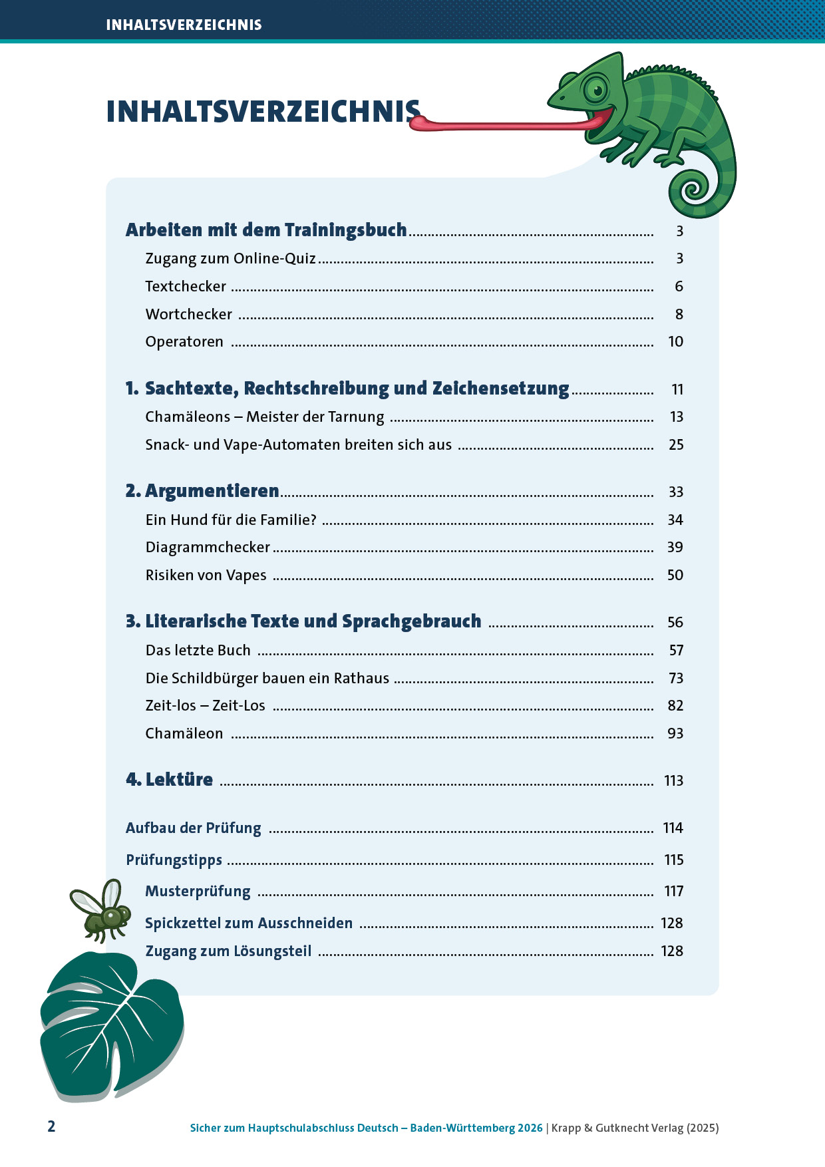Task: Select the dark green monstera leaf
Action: (x=110, y=1025)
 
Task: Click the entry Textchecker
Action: (x=186, y=286)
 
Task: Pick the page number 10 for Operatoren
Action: (x=675, y=341)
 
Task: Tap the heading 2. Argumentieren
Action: (x=202, y=491)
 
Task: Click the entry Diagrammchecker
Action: (x=208, y=547)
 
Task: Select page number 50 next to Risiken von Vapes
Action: (x=675, y=575)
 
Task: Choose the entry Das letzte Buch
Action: (x=198, y=650)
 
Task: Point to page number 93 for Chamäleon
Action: (x=675, y=733)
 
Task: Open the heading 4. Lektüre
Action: (x=170, y=780)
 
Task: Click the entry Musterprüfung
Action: (x=198, y=891)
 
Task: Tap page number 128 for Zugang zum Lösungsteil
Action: (x=671, y=951)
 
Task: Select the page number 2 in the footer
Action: (x=51, y=1126)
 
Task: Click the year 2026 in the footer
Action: (x=530, y=1128)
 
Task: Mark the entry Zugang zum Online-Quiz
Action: (x=230, y=258)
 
